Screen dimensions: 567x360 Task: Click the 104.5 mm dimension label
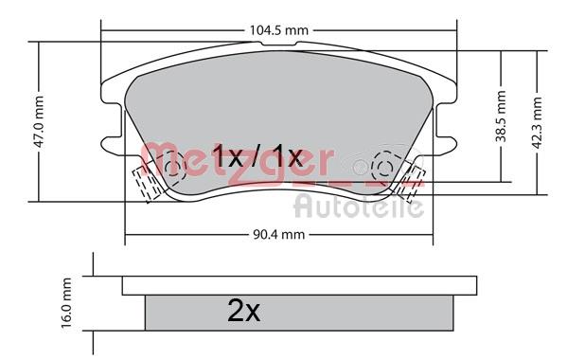coord(279,30)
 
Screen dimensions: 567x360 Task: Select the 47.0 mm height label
coord(38,121)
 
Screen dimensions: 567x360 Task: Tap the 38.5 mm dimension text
coord(501,116)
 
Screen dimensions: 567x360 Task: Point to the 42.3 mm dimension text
coord(538,122)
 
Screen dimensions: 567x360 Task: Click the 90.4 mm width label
coord(279,234)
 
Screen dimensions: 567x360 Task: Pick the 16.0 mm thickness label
coord(66,303)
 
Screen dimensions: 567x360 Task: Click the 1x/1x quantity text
coord(257,156)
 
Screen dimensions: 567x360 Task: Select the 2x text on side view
coord(243,311)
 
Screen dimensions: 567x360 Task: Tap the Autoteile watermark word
coord(359,207)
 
